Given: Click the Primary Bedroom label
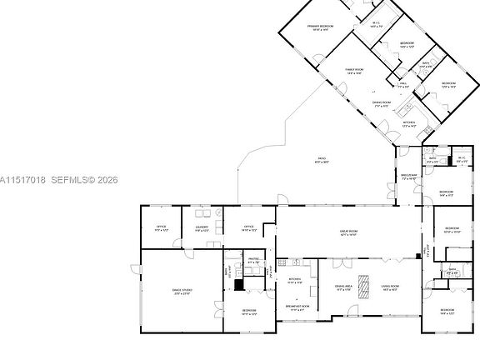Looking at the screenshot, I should click(x=319, y=28).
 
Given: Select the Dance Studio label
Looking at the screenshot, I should click(x=182, y=291).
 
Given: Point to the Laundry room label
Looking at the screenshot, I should click(x=202, y=227).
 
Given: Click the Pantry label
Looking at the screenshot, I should click(x=252, y=262).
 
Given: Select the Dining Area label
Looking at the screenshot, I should click(x=343, y=288).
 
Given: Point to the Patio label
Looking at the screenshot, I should click(x=321, y=159).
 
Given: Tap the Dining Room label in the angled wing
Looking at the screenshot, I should click(x=382, y=104).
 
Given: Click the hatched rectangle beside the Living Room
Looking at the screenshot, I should click(x=364, y=282).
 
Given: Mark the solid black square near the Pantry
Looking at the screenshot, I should click(x=239, y=284).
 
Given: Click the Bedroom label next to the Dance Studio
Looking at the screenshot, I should click(x=249, y=312).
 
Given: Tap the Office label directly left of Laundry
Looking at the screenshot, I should click(x=162, y=227).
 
